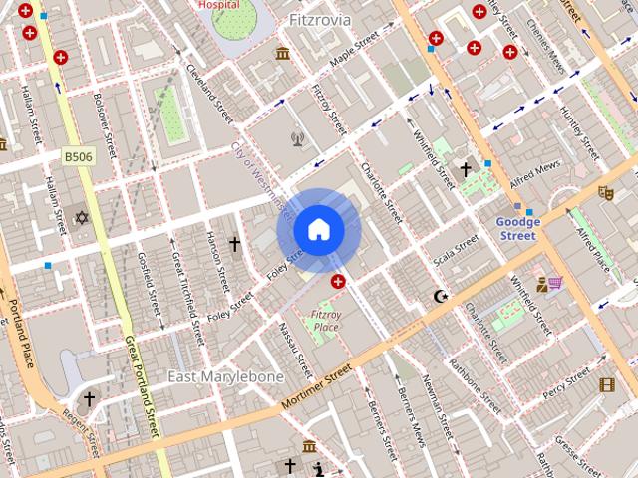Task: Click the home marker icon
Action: pyautogui.click(x=318, y=230)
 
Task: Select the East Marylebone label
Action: pyautogui.click(x=225, y=377)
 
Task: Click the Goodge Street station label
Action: pyautogui.click(x=517, y=229)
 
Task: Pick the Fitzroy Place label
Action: pyautogui.click(x=326, y=320)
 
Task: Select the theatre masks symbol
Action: pyautogui.click(x=605, y=192)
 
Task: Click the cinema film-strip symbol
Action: pyautogui.click(x=607, y=385)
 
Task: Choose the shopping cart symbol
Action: pyautogui.click(x=553, y=284)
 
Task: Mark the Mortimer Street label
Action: pyautogui.click(x=317, y=383)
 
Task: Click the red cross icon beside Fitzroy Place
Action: pyautogui.click(x=339, y=283)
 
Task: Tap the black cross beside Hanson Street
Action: pyautogui.click(x=235, y=243)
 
